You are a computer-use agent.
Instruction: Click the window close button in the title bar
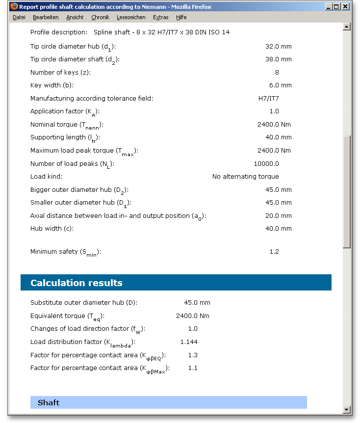(346, 7)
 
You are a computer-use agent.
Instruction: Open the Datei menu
(19, 17)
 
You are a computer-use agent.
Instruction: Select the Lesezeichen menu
(131, 17)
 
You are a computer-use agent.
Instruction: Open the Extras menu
(160, 17)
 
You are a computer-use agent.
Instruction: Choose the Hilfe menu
(181, 17)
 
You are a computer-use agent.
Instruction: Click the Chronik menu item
(101, 17)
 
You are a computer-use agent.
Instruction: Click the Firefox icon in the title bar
(14, 7)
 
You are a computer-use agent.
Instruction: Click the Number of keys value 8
(277, 72)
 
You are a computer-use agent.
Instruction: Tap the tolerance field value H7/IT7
(269, 98)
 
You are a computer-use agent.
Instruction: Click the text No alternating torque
(245, 177)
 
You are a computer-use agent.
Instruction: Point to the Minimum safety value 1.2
(274, 252)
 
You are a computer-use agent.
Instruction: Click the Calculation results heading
(77, 283)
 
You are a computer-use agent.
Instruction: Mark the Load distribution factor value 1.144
(189, 342)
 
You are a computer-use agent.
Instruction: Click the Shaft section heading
(49, 403)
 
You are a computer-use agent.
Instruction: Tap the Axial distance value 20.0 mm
(279, 216)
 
